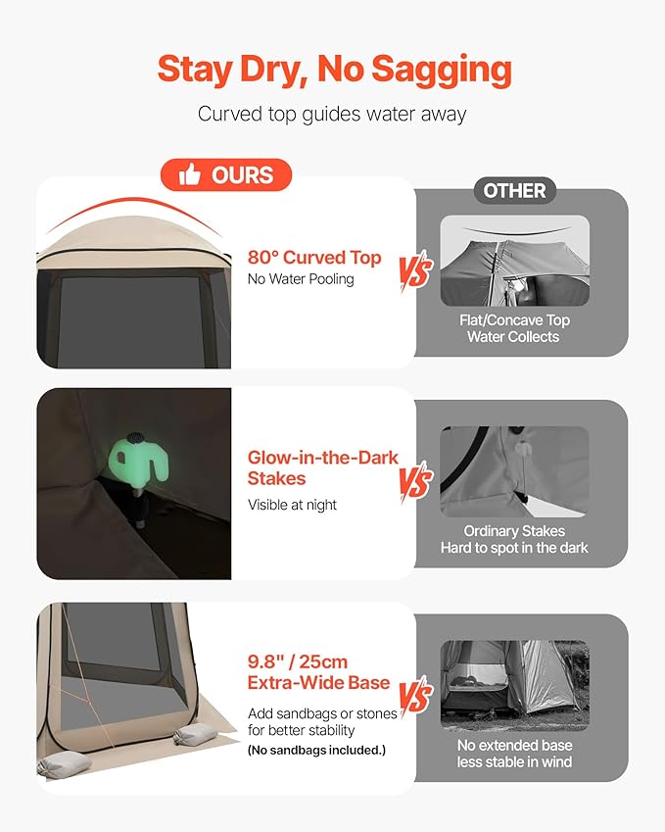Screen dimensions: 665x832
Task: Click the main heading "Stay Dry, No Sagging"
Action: tap(335, 71)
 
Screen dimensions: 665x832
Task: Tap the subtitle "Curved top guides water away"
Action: tap(332, 114)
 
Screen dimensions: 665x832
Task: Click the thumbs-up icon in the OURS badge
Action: tap(189, 174)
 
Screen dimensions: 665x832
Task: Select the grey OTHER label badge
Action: tap(514, 190)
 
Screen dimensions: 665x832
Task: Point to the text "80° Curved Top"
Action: tap(314, 258)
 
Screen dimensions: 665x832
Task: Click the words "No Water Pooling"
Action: tap(301, 279)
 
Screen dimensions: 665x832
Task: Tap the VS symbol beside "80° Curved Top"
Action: tap(416, 272)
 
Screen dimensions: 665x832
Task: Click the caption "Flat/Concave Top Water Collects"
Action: tap(514, 328)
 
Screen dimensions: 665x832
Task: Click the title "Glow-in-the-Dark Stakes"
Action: tap(322, 467)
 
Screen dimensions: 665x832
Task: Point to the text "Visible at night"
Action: tap(292, 505)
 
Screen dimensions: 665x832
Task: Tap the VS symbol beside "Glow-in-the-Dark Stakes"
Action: tap(416, 480)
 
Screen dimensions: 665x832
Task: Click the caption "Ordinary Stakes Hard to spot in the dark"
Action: tap(514, 539)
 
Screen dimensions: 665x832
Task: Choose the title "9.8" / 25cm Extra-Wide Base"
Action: tap(318, 671)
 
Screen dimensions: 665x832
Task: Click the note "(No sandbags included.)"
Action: tap(316, 751)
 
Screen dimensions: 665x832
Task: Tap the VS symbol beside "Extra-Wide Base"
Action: tap(416, 695)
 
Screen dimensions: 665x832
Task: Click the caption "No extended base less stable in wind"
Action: tap(514, 754)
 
